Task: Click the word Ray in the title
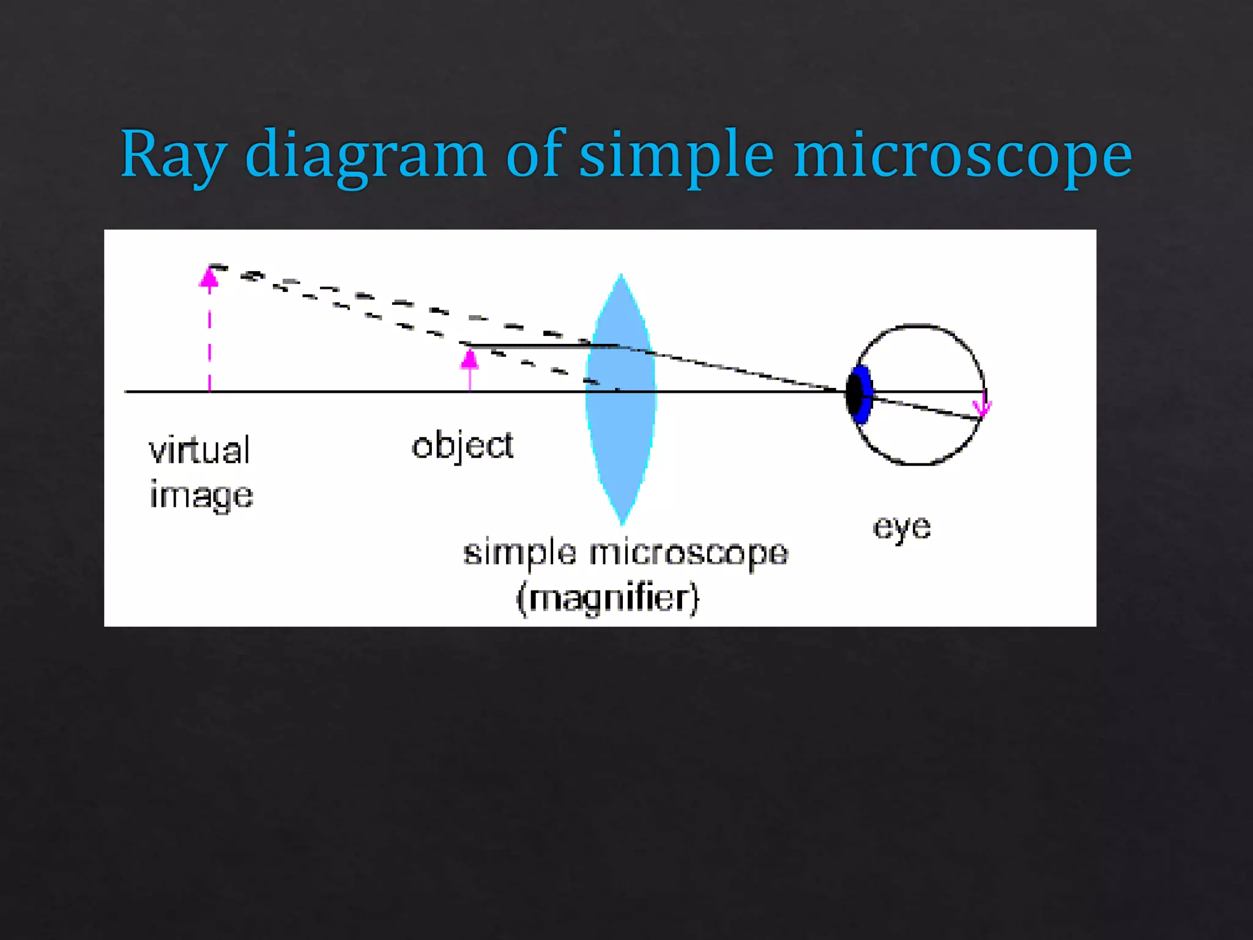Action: pyautogui.click(x=174, y=154)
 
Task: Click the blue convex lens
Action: pyautogui.click(x=621, y=428)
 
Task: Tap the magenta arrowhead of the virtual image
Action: pyautogui.click(x=209, y=278)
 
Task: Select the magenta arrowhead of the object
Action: pyautogui.click(x=469, y=359)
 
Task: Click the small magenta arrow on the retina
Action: pyautogui.click(x=983, y=406)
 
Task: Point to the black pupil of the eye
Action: pyautogui.click(x=854, y=394)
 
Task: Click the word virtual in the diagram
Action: pyautogui.click(x=199, y=451)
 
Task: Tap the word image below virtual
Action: pyautogui.click(x=201, y=496)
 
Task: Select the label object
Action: pyautogui.click(x=462, y=446)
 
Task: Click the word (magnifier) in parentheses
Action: pyautogui.click(x=608, y=598)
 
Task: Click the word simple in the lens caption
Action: pyautogui.click(x=519, y=553)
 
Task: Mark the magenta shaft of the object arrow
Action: pyautogui.click(x=469, y=379)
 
